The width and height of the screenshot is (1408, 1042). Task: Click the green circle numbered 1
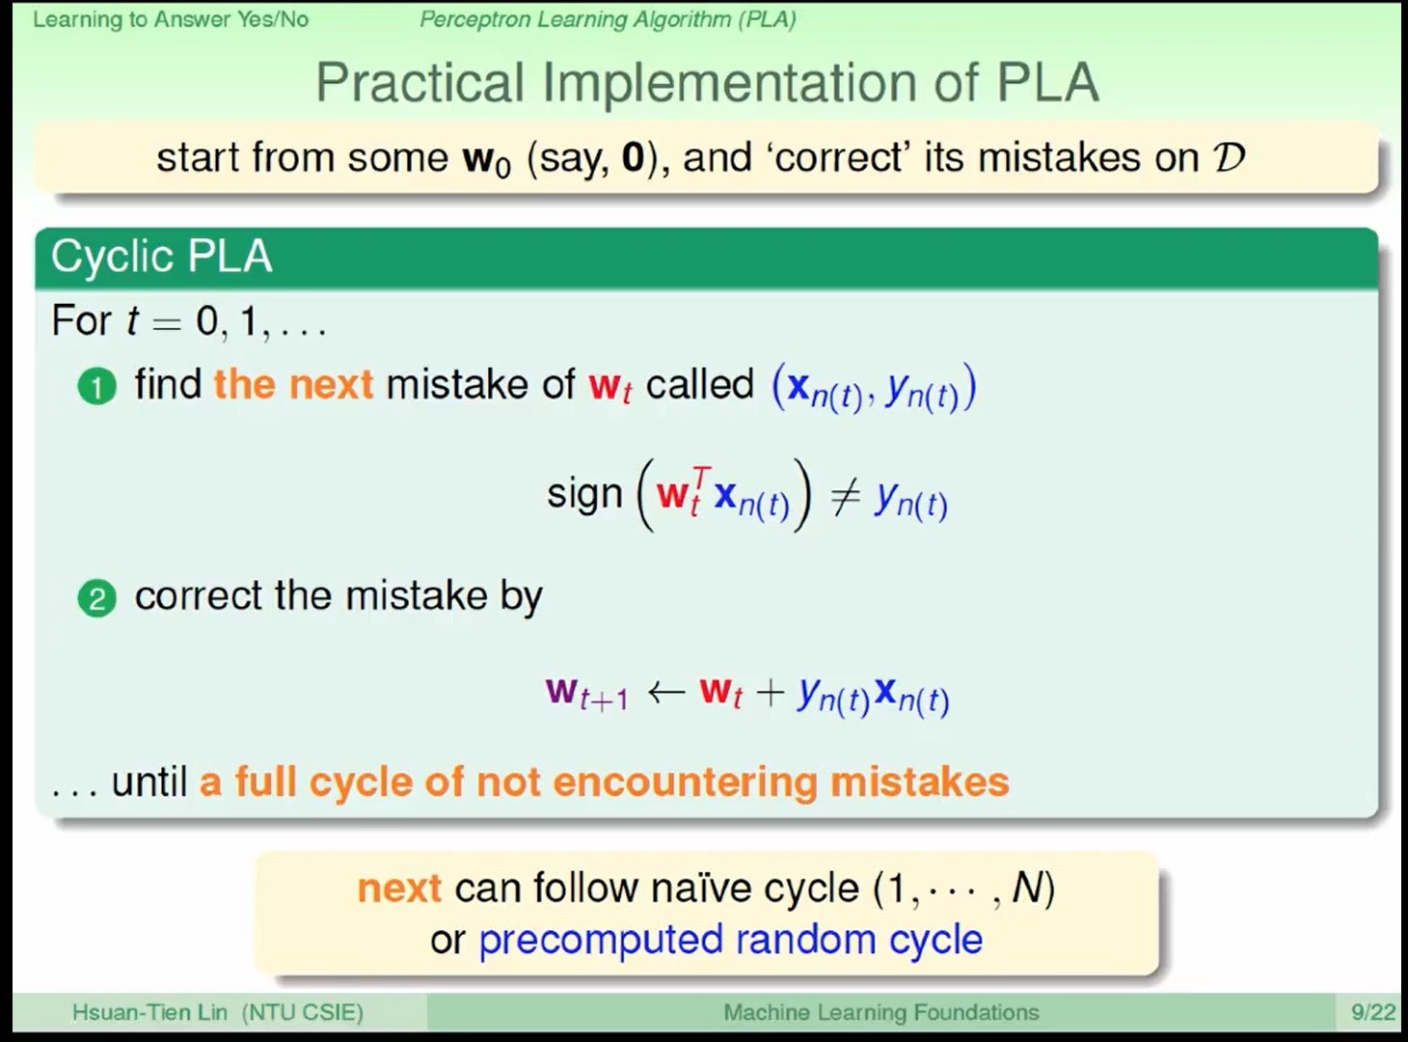[97, 387]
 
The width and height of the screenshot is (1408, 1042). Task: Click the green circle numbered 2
[97, 598]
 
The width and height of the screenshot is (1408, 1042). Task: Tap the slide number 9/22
[1373, 1012]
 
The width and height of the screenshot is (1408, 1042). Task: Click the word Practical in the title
[420, 82]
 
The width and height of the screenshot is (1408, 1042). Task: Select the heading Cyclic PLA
[161, 257]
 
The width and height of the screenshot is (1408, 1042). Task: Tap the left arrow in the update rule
[666, 691]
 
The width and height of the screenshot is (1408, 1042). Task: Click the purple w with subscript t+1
[586, 693]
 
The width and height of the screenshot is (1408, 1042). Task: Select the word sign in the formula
[584, 495]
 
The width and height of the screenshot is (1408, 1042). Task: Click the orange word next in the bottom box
[399, 888]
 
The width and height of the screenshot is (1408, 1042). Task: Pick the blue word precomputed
[601, 941]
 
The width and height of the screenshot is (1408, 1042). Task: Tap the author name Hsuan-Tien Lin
[149, 1012]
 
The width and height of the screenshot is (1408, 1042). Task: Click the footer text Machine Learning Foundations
[881, 1012]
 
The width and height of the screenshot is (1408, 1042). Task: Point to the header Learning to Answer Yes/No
[171, 19]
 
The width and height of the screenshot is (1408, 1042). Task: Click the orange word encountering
[685, 782]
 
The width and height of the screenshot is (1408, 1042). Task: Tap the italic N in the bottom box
[1026, 887]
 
